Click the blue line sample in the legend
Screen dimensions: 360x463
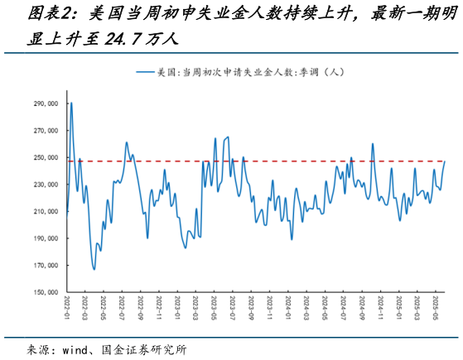145,73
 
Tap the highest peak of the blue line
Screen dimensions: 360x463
71,103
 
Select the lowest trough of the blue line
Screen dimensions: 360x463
94,269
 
